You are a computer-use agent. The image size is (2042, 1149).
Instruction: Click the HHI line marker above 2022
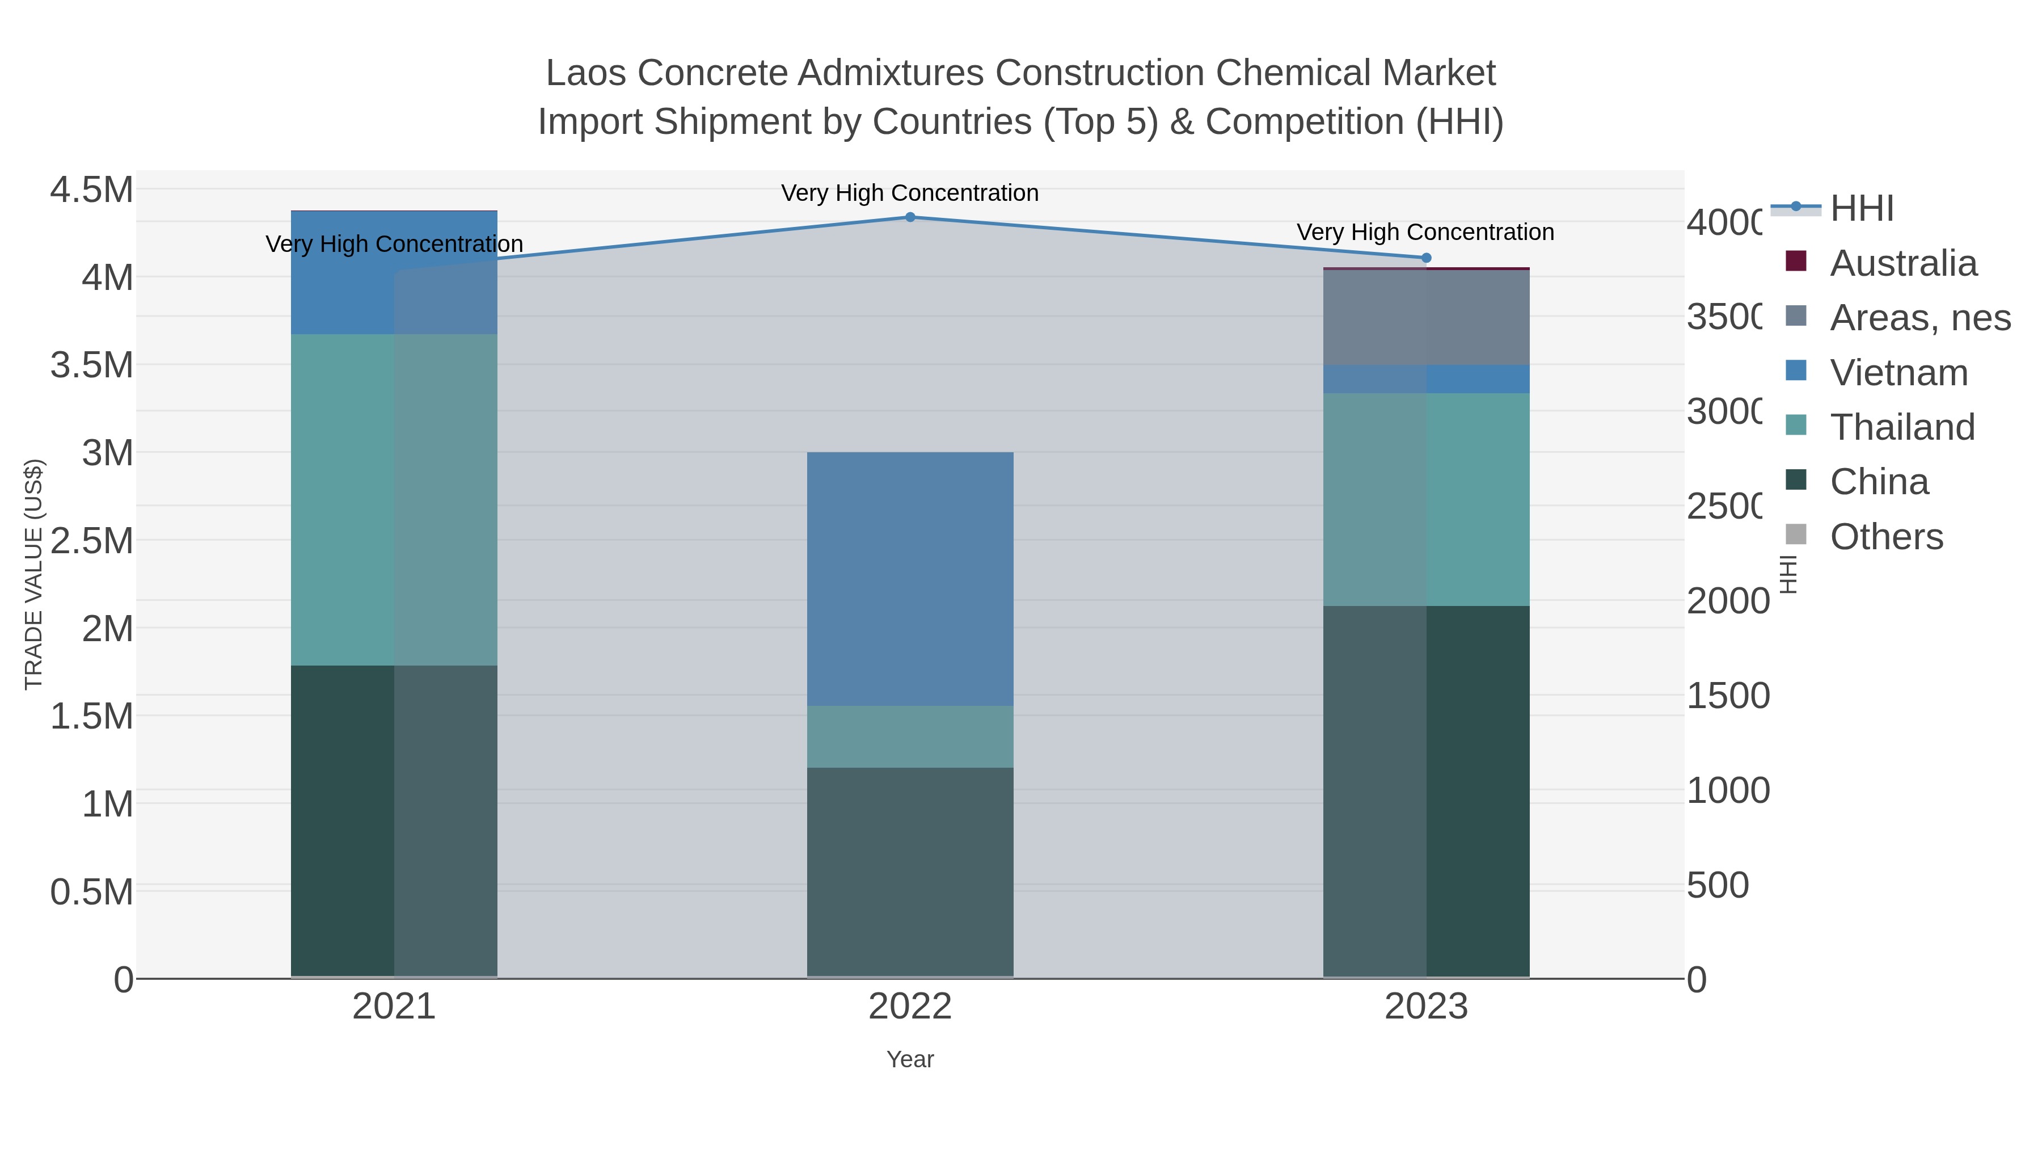[x=910, y=217]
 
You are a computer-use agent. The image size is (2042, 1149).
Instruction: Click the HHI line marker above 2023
[x=1426, y=258]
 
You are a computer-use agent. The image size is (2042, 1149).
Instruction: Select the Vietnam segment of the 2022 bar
[x=910, y=579]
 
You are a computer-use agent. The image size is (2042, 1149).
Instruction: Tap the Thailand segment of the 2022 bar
[x=910, y=736]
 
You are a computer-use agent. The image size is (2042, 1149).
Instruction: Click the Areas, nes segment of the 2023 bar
[x=1426, y=317]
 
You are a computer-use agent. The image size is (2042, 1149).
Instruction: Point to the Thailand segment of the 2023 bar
[x=1426, y=499]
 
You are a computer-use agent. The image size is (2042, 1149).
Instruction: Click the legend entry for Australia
[x=1902, y=263]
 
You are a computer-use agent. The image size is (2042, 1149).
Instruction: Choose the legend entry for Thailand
[x=1902, y=427]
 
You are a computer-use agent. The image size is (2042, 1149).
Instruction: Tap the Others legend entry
[x=1886, y=537]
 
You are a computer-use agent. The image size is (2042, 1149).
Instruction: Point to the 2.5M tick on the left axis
[x=92, y=542]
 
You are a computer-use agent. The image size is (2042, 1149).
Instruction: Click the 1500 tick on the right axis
[x=1727, y=696]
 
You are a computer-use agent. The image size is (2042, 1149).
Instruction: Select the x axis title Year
[x=910, y=1059]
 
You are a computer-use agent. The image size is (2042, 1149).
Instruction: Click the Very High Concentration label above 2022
[x=910, y=193]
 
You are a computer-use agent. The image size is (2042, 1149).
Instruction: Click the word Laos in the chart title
[x=585, y=73]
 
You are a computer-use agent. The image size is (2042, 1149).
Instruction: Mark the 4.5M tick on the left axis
[x=92, y=190]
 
